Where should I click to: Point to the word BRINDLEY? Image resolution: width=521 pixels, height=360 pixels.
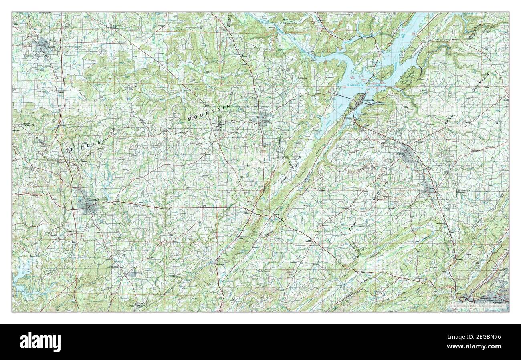click(x=86, y=146)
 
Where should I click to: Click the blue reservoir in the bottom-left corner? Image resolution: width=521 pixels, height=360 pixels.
click(x=22, y=280)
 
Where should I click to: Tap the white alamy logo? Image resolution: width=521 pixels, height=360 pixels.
click(x=40, y=342)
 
